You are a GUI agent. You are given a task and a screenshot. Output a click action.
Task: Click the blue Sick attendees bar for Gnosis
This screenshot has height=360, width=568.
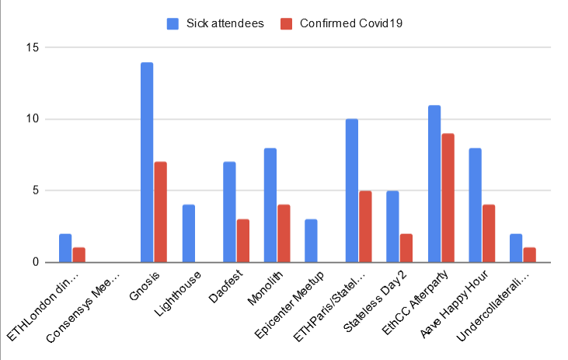coord(147,163)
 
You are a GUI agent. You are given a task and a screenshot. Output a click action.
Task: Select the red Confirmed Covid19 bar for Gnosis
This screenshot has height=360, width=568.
coord(161,212)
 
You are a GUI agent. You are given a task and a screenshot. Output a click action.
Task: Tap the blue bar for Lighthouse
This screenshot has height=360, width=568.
coord(188,233)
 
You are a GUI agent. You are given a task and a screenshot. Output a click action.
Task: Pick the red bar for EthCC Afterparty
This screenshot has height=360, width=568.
coord(448,198)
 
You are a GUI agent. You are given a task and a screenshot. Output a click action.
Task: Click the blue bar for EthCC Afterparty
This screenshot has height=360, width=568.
coord(434,183)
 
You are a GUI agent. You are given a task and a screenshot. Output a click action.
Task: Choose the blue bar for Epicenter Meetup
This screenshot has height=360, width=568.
coord(311,241)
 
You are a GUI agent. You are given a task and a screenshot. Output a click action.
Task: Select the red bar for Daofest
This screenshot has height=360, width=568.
coord(242,241)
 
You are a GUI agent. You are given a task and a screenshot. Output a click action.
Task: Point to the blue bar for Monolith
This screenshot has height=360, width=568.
coord(270,205)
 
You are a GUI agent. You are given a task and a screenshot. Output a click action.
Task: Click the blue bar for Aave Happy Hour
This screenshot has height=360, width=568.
coord(476,205)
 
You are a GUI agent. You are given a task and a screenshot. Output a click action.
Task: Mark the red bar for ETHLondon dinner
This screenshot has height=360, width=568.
coord(78,255)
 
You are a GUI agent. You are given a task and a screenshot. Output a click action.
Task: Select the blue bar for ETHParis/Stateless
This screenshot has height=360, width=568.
coord(352,190)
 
